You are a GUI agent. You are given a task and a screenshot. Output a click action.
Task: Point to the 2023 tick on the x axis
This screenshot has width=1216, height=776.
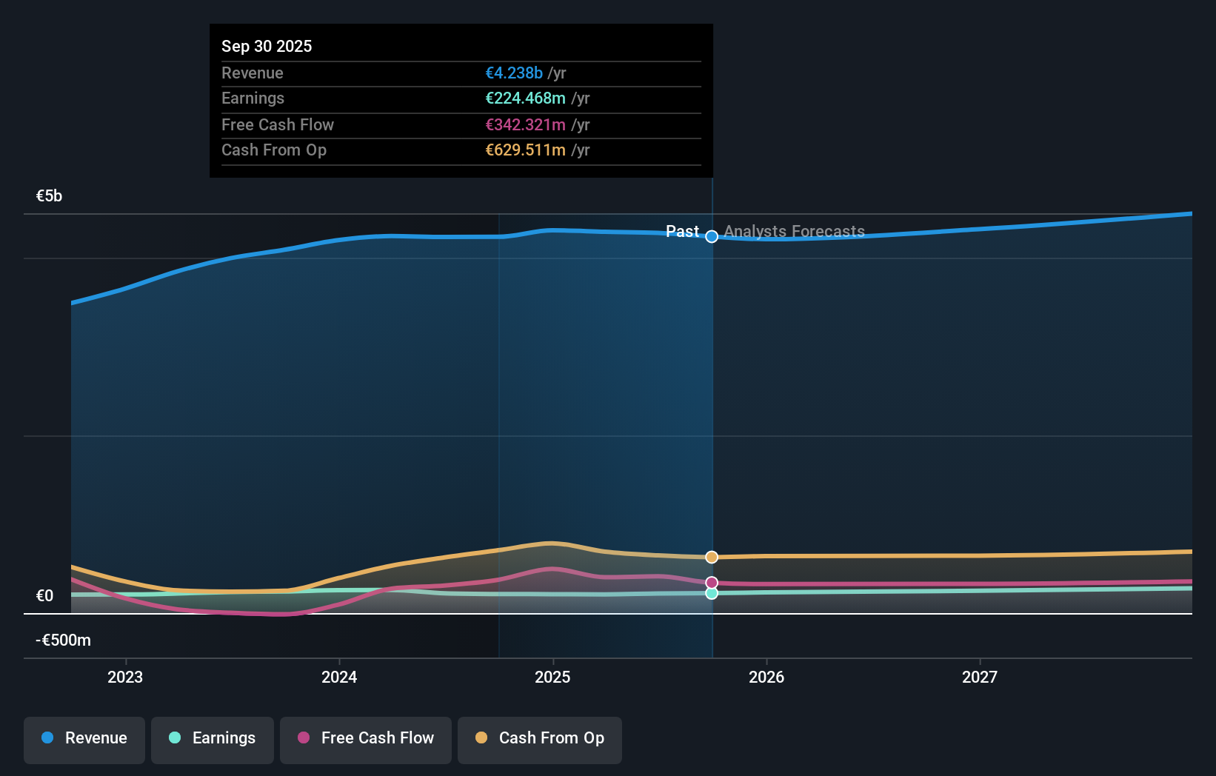(x=125, y=677)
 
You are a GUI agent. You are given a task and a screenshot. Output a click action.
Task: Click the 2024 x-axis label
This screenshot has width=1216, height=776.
(x=339, y=677)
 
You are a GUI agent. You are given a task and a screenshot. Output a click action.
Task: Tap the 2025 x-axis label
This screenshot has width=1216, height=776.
(x=552, y=677)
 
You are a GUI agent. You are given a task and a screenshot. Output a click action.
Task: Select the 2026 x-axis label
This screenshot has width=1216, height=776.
(x=766, y=677)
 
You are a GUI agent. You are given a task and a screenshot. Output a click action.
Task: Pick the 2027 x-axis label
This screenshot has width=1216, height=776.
(x=979, y=677)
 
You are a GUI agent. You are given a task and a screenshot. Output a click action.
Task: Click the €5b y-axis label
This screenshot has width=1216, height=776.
(x=49, y=196)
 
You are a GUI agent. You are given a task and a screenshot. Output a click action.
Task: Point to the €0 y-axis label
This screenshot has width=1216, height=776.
(x=44, y=596)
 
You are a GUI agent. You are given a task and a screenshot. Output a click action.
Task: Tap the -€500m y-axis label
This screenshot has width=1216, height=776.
(x=63, y=640)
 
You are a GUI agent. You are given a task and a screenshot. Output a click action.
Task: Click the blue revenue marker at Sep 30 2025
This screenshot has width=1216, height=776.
(x=712, y=237)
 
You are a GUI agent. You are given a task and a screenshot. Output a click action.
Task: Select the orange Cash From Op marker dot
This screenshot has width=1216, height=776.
(x=712, y=557)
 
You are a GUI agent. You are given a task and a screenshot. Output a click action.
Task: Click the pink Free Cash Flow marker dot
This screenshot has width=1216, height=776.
(x=712, y=583)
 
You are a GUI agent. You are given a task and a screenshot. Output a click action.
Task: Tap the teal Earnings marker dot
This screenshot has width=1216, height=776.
(x=712, y=593)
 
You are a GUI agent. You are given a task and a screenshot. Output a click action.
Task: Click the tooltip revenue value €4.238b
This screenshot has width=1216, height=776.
(x=514, y=73)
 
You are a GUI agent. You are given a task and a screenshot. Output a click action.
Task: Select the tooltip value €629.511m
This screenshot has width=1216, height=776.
(x=525, y=150)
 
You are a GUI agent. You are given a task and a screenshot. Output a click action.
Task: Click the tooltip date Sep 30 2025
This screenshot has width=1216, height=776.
(x=267, y=46)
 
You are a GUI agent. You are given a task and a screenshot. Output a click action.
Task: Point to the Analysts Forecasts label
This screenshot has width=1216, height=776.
(x=794, y=232)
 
